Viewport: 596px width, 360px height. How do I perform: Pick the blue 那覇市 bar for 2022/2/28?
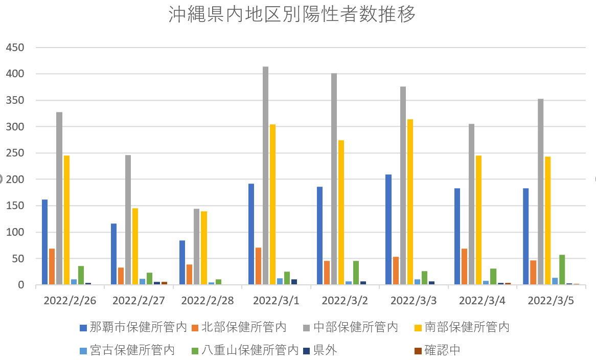click(182, 262)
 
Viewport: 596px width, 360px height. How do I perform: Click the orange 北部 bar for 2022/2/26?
click(52, 266)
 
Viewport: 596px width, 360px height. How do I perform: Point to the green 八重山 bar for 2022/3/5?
click(562, 269)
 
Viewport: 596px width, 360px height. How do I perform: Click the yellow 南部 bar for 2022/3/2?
click(341, 212)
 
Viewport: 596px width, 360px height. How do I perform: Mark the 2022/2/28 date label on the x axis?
click(207, 301)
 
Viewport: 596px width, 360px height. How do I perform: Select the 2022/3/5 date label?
click(551, 301)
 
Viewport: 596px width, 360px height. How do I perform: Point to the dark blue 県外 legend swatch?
click(306, 351)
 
